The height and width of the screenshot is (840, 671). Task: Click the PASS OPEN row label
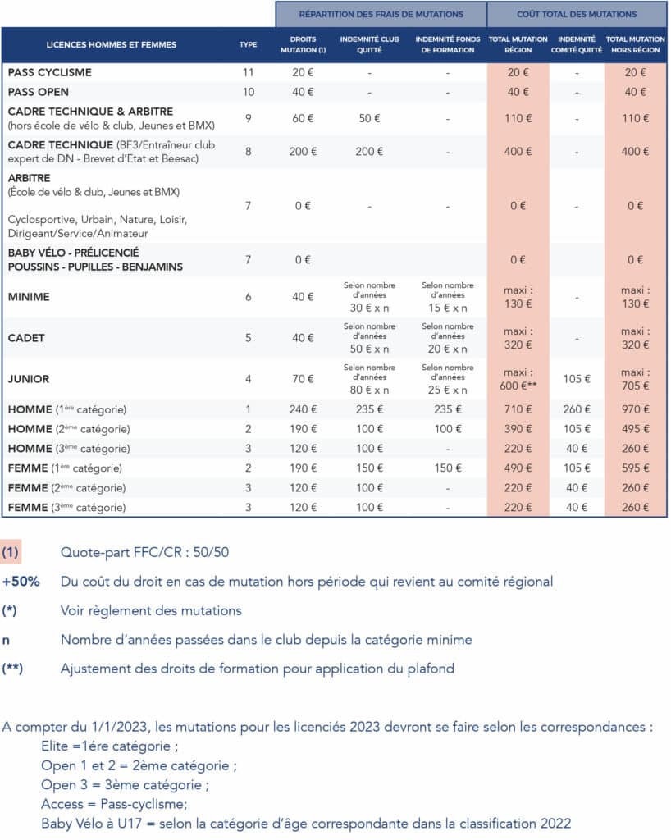coord(39,92)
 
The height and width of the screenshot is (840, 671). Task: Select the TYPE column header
coord(248,45)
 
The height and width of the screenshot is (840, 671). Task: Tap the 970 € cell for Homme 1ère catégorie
coord(635,409)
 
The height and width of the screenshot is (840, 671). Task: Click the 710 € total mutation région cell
coord(518,409)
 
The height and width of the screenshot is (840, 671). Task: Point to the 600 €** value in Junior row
coord(518,386)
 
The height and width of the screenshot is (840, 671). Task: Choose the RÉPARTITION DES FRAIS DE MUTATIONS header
coord(381,14)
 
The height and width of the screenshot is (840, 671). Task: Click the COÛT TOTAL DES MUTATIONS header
coord(577,14)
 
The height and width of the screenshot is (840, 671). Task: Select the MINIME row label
coord(29,297)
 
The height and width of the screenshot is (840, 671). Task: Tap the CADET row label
coord(26,338)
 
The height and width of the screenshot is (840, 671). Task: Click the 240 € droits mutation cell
coord(303,409)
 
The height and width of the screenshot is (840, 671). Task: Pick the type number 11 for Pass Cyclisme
coord(248,72)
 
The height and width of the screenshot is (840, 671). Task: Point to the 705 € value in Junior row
coord(635,386)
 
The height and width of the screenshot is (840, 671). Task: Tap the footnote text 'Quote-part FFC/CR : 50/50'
coord(144,553)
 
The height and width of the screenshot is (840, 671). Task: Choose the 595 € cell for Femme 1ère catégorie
coord(635,468)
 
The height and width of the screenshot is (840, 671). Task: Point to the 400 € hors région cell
coord(635,152)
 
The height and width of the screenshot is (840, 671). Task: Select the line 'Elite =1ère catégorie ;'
coord(110,746)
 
